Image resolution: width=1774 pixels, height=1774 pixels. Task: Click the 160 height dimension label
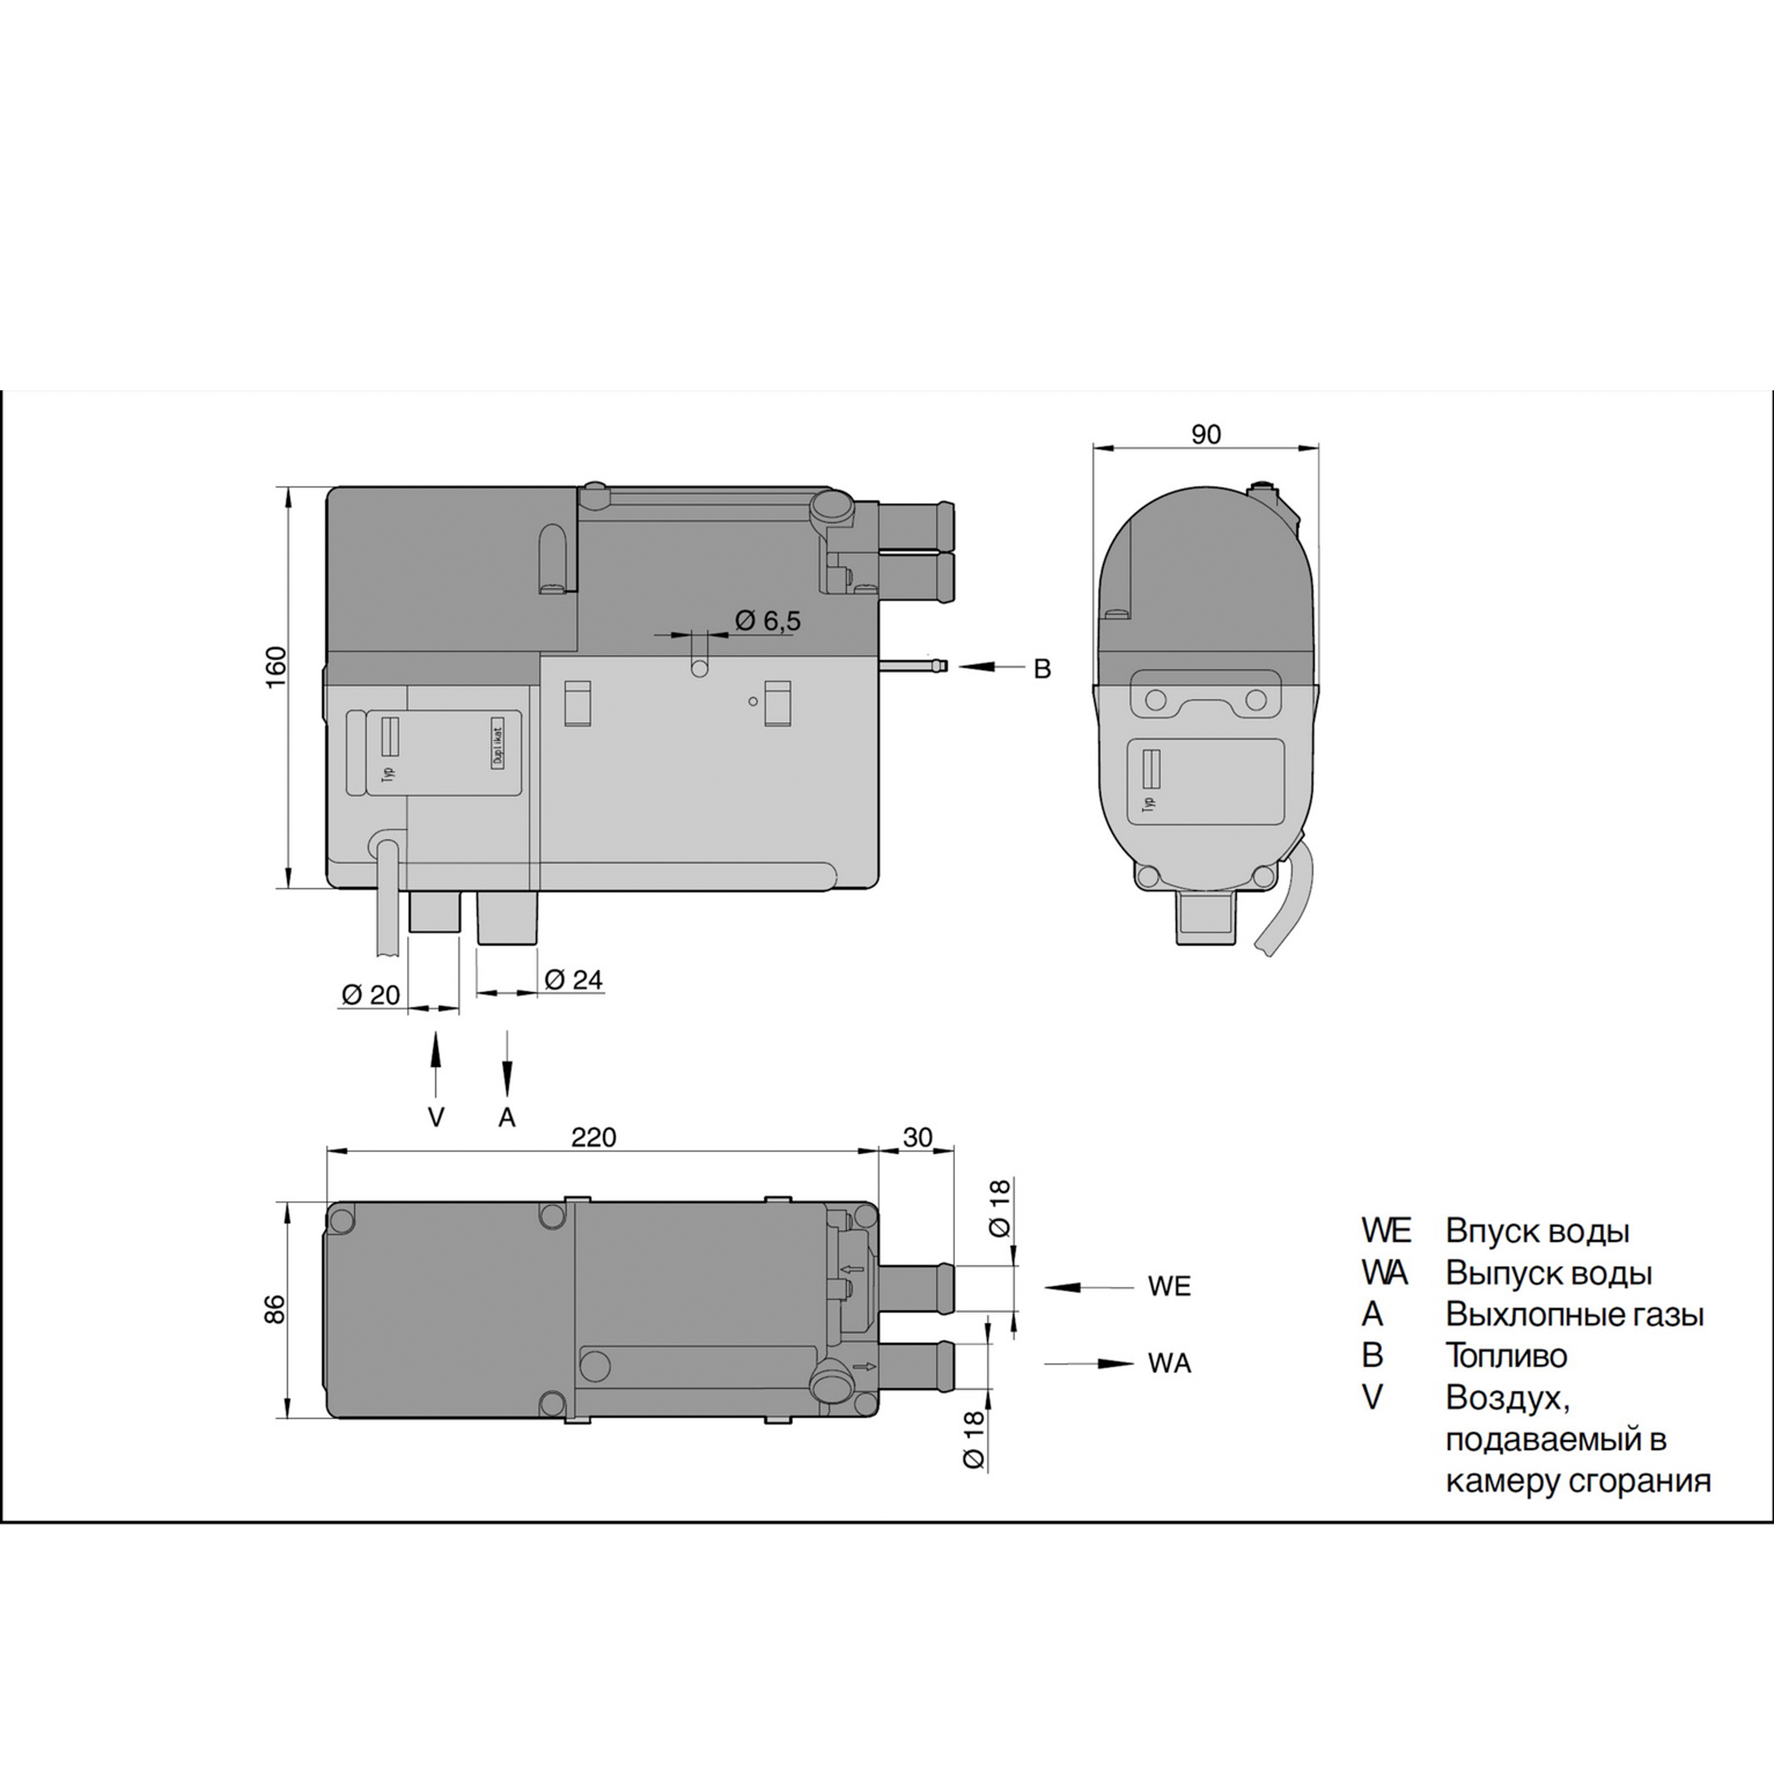coord(276,668)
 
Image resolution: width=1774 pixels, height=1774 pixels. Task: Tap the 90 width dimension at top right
coord(1206,434)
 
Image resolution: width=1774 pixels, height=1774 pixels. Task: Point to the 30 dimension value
coord(917,1138)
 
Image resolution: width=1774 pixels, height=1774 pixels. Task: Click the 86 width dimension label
coord(276,1309)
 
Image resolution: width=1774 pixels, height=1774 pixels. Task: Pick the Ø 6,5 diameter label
coord(768,621)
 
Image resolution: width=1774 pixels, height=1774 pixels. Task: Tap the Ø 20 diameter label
coord(371,995)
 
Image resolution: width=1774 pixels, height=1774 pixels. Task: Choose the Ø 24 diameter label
coord(574,980)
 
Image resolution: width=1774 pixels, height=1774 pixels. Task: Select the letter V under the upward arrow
coord(436,1118)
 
